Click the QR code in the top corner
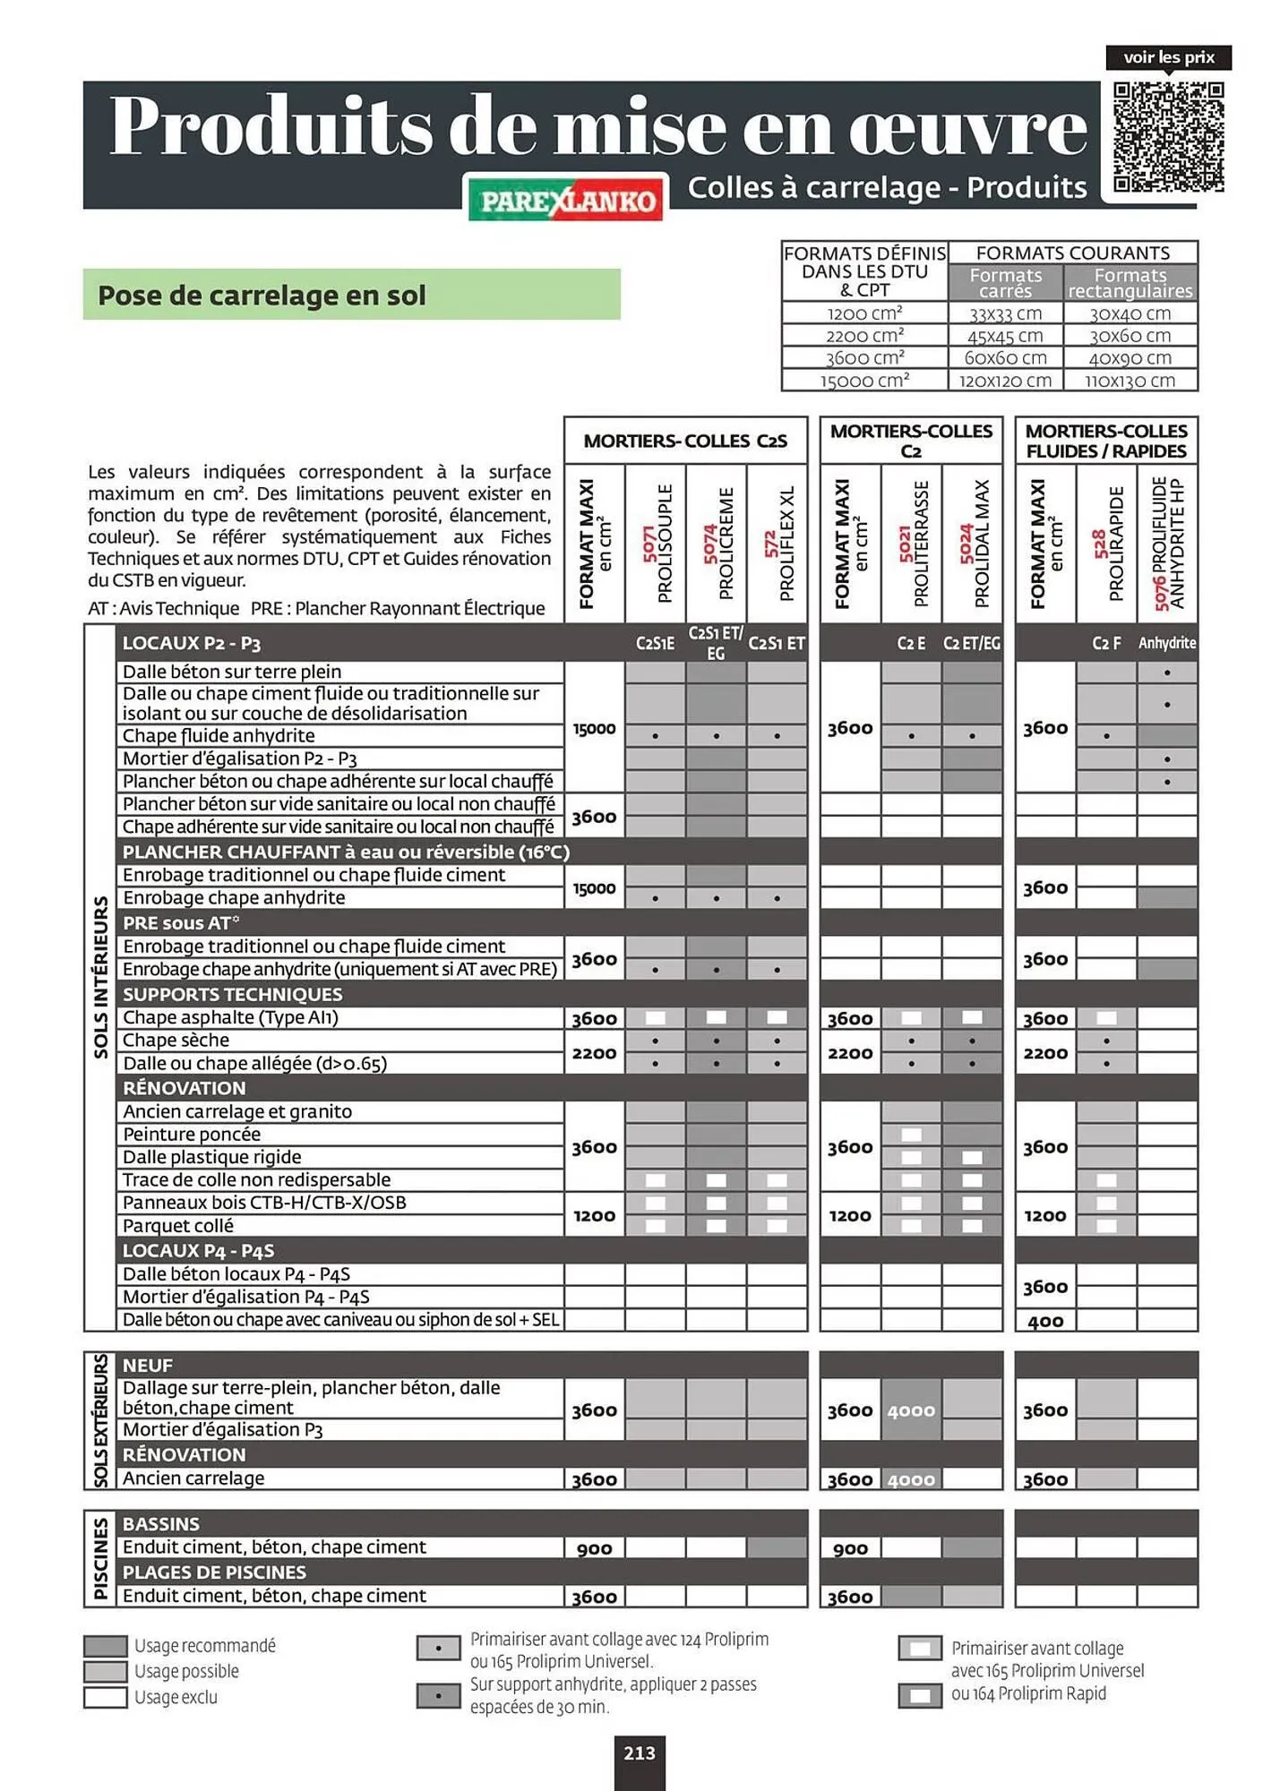(x=1168, y=137)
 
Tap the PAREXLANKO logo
(x=566, y=199)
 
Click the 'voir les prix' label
(x=1168, y=58)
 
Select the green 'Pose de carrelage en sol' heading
(x=351, y=295)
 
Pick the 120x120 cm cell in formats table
(x=1005, y=381)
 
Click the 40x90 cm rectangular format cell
(x=1130, y=358)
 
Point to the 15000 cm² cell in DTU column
(x=864, y=381)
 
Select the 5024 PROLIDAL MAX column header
(x=973, y=543)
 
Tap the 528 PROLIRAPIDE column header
(x=1107, y=543)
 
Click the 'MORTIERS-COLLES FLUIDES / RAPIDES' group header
(x=1106, y=441)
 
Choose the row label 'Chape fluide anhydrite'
(x=219, y=736)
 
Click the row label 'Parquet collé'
(x=178, y=1226)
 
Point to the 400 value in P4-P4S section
(x=1045, y=1321)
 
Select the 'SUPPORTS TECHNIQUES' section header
(x=233, y=994)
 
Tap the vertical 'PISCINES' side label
(x=100, y=1559)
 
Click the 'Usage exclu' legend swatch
(x=105, y=1697)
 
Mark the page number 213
(x=640, y=1753)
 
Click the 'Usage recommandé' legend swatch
(x=105, y=1646)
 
